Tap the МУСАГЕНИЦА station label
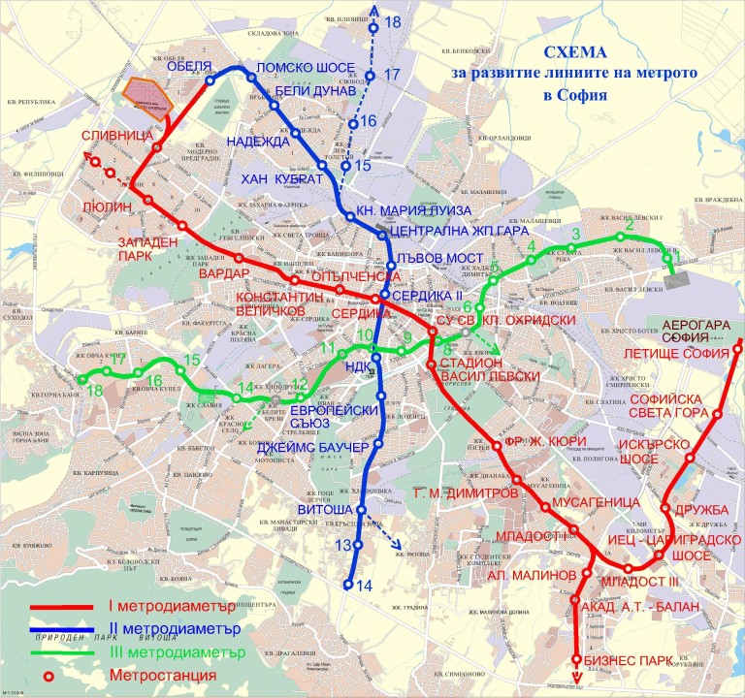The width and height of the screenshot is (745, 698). coord(597,503)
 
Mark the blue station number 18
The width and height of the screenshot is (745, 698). coord(392,21)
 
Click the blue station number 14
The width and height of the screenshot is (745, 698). coord(365,585)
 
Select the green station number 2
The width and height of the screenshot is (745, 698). coord(629,225)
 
